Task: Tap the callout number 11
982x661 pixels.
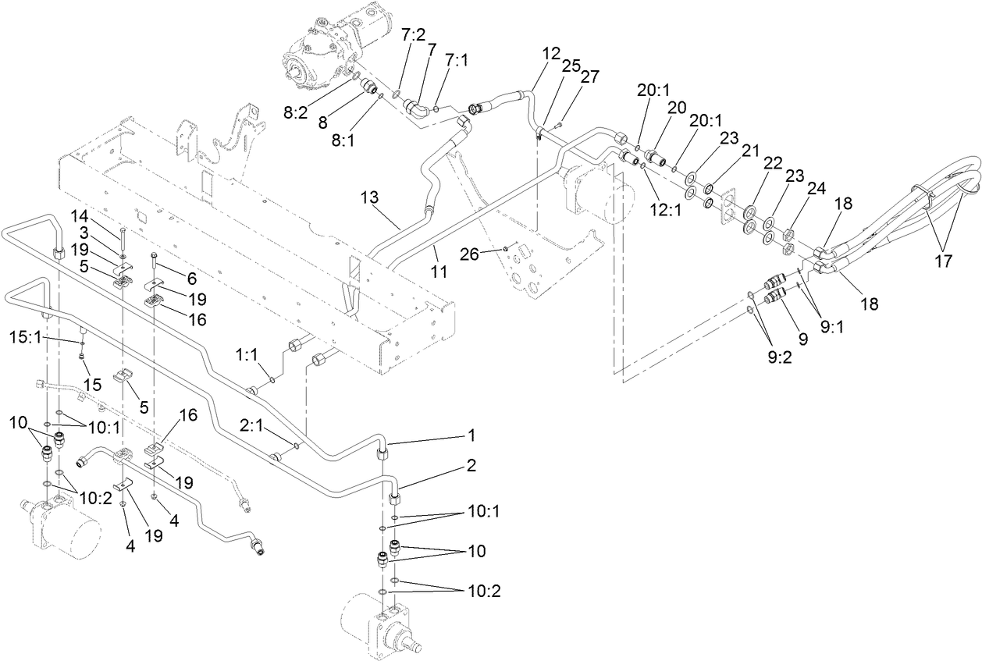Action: click(440, 272)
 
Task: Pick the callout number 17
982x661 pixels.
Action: click(943, 261)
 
